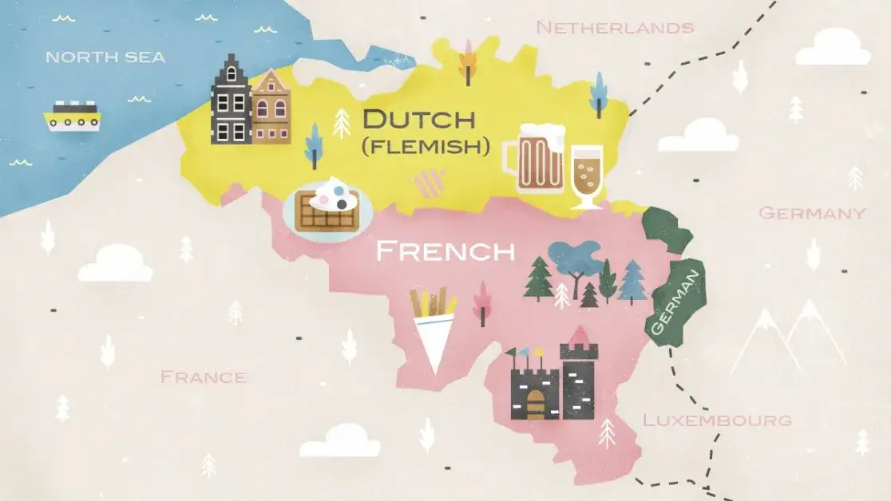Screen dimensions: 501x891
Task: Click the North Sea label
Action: [105, 57]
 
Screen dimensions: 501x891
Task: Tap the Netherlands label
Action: [614, 28]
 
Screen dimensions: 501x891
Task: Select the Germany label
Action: [811, 213]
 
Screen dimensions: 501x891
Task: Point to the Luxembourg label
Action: [717, 420]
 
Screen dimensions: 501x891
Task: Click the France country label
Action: [203, 377]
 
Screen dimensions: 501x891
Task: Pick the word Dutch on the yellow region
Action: [418, 120]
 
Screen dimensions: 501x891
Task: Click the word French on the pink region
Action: [445, 251]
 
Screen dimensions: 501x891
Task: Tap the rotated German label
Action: [675, 300]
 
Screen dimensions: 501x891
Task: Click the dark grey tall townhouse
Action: [231, 101]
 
